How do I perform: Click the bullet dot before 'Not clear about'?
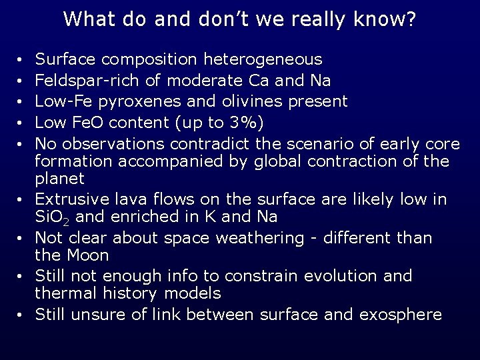point(21,239)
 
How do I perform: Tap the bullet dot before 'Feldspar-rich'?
point(21,82)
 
